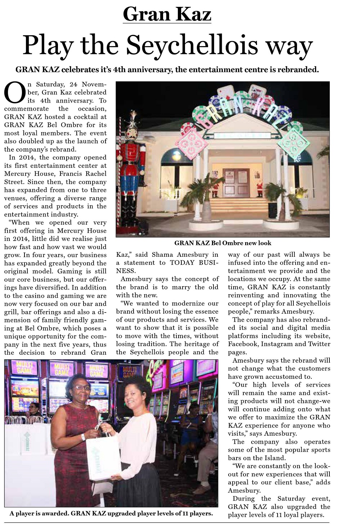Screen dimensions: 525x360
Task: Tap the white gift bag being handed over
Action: (x=103, y=457)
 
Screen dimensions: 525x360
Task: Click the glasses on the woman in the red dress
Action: (x=81, y=387)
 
